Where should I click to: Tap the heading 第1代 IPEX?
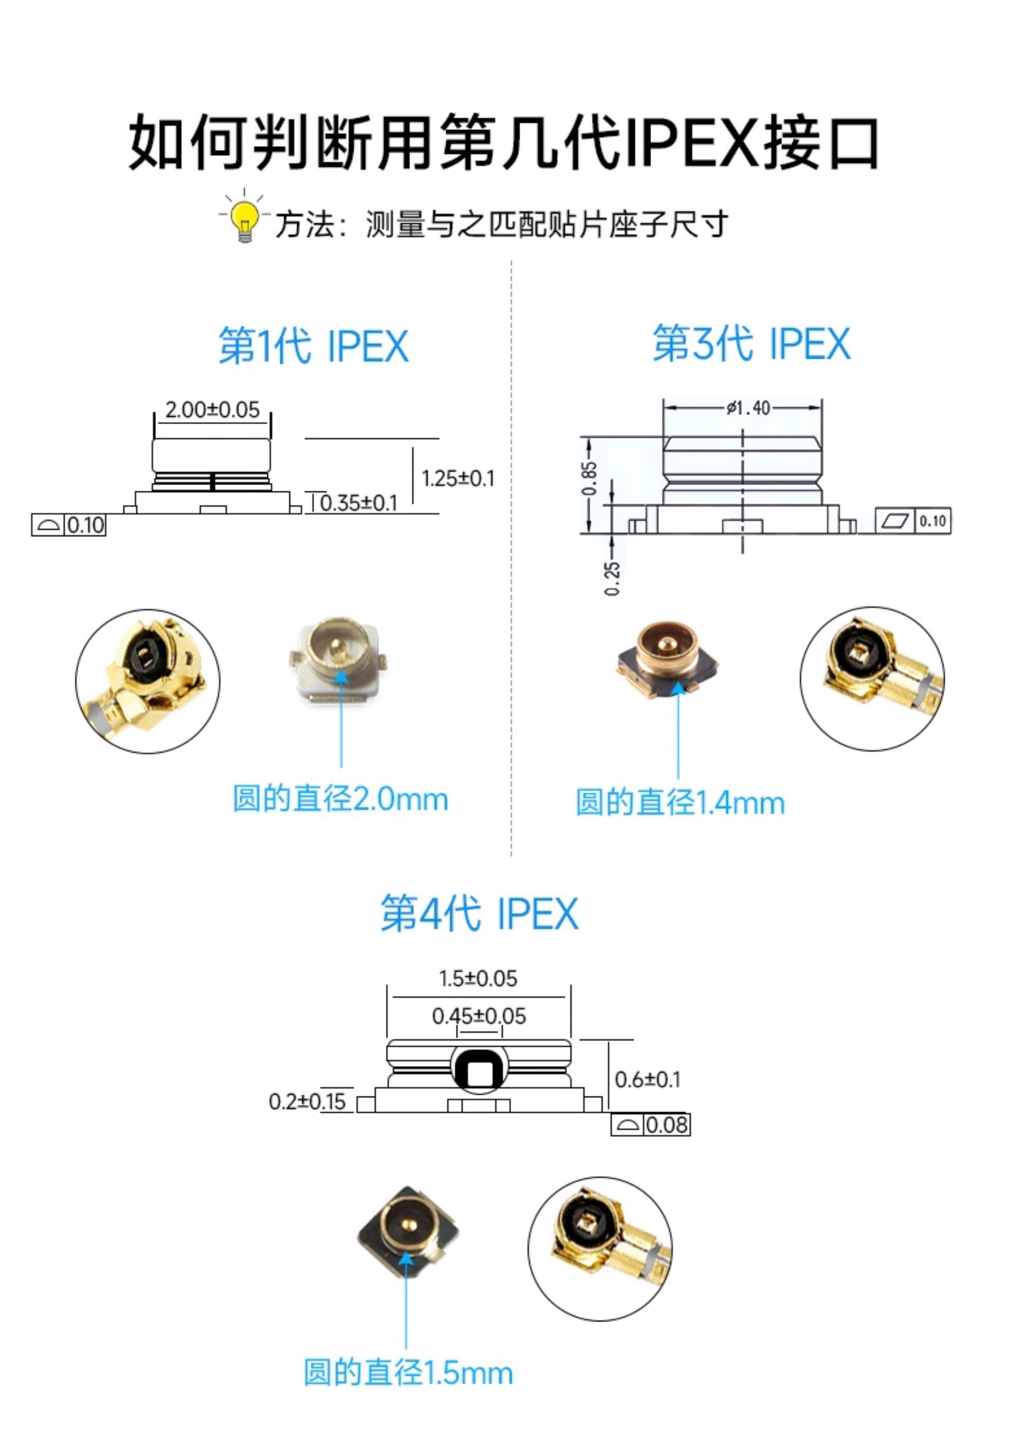(313, 346)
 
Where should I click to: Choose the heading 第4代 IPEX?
(479, 914)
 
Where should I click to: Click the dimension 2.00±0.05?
(213, 410)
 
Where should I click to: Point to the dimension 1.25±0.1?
(458, 478)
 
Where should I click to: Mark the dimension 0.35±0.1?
(359, 503)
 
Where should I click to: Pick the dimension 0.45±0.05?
(479, 1016)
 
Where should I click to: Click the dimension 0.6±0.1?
(647, 1080)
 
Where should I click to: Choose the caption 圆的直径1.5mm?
(408, 1373)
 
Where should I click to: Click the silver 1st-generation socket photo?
(338, 663)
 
